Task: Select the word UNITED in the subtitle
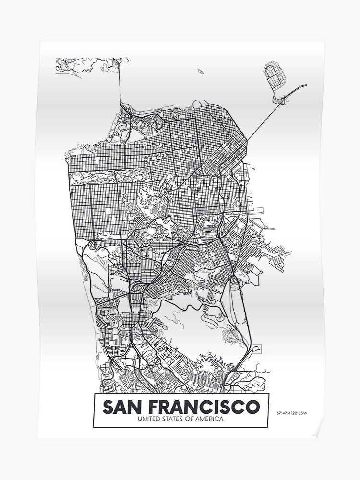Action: tap(148, 419)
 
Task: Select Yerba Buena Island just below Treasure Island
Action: tap(278, 99)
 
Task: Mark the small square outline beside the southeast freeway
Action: tap(256, 347)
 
